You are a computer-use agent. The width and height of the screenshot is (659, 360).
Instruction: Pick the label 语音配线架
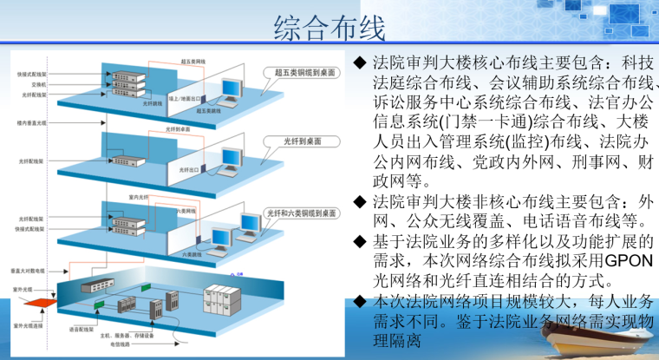pyautogui.click(x=81, y=328)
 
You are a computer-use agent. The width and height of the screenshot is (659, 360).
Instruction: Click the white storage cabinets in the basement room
pyautogui.click(x=222, y=299)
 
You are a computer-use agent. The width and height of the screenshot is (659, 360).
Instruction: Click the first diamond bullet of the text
pyautogui.click(x=361, y=63)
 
